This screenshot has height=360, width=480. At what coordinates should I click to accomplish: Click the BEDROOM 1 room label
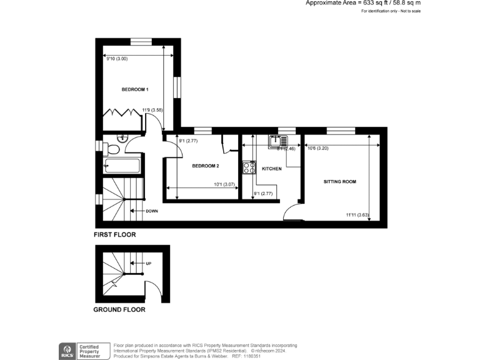coord(135,90)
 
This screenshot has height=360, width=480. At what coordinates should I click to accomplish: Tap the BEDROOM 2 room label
coord(205,166)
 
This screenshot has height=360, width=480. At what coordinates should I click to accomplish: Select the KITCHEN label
coord(271,169)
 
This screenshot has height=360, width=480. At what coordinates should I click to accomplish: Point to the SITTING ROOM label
coord(339,182)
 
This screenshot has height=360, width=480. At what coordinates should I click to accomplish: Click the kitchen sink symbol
coord(276,141)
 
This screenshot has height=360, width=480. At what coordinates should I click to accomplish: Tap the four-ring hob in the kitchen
coord(249,167)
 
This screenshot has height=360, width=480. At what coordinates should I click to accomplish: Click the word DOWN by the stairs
coord(151,211)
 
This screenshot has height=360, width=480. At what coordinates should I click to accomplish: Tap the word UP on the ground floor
coord(148,264)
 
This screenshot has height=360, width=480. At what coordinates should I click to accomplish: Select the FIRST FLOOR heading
coord(114,235)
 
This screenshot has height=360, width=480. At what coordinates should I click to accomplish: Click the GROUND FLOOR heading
coord(119,309)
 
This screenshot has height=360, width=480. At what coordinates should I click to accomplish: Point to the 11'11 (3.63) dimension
coord(358,216)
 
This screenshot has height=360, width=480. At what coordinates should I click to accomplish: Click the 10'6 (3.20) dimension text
coord(317,148)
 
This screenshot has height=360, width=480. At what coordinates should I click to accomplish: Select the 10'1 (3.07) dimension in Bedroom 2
coord(223,184)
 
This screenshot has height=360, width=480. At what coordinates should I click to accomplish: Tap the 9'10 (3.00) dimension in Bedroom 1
coord(117,59)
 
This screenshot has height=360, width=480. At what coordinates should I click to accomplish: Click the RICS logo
coord(66,349)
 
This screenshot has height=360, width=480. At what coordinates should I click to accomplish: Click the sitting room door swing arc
coord(291,212)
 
